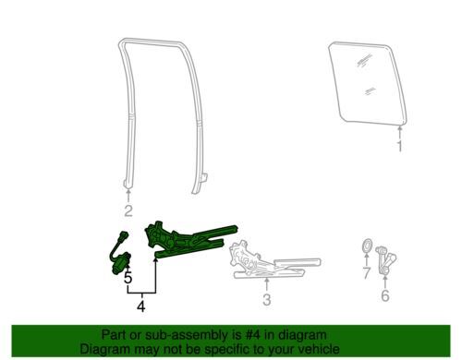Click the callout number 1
click(399, 147)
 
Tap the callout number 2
click(128, 210)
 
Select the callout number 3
click(267, 300)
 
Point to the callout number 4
click(141, 306)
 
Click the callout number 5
click(128, 278)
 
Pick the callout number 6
click(385, 295)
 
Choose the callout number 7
click(366, 273)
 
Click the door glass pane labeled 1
click(368, 84)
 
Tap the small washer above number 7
click(366, 246)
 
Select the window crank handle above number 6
click(386, 260)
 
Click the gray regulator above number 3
click(274, 260)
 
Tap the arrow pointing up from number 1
click(400, 133)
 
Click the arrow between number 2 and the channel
click(128, 196)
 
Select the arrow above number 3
click(267, 284)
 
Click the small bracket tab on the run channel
click(203, 178)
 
